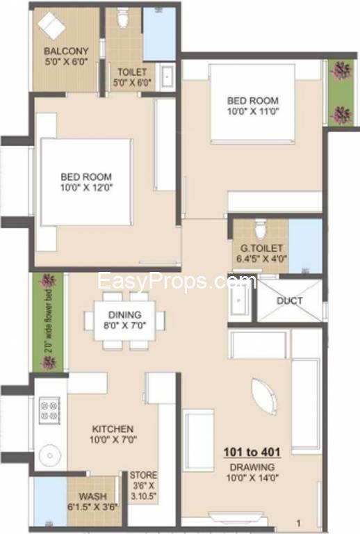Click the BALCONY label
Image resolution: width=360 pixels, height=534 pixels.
tap(66, 51)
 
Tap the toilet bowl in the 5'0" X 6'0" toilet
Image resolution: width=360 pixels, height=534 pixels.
tap(122, 17)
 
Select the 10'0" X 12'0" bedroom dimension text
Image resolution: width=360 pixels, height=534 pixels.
tap(86, 188)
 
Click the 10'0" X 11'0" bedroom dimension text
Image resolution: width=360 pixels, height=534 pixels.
tap(253, 111)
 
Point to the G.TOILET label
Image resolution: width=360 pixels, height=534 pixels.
tap(261, 248)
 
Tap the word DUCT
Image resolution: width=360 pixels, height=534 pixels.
tap(290, 300)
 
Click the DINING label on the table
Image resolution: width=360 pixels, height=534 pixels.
tap(124, 315)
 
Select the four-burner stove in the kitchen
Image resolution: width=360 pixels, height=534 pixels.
tap(49, 410)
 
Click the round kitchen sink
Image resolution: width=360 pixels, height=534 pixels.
tap(49, 455)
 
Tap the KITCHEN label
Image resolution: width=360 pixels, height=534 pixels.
tap(113, 429)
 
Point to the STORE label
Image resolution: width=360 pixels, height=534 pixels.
tap(143, 475)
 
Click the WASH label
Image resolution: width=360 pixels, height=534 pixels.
tap(92, 496)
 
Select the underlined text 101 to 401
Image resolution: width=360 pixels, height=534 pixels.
tap(252, 452)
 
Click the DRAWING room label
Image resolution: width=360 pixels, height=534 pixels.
tap(252, 467)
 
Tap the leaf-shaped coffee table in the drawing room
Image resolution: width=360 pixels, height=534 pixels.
tap(264, 397)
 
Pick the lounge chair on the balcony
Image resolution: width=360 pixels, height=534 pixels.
tap(51, 26)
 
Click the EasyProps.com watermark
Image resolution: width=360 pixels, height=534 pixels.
tap(177, 282)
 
